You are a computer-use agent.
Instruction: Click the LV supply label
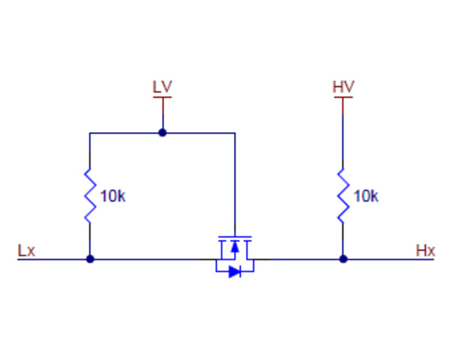click(x=162, y=86)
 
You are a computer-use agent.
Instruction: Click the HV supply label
click(x=343, y=86)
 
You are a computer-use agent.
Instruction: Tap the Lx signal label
click(x=26, y=250)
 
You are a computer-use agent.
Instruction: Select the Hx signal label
click(x=425, y=250)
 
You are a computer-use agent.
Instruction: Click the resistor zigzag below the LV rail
click(x=90, y=196)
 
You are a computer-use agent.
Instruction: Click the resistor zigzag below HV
click(x=343, y=196)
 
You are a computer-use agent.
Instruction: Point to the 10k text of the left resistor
click(x=112, y=196)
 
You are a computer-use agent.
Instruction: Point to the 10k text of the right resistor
click(x=365, y=196)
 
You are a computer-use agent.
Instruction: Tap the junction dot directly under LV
click(x=162, y=133)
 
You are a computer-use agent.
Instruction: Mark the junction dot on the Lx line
click(x=90, y=259)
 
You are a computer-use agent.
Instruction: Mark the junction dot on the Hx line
click(x=343, y=259)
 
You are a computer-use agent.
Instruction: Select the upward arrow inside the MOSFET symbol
click(x=235, y=247)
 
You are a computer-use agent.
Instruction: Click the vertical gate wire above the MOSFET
click(x=235, y=187)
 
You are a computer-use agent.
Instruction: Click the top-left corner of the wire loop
click(x=90, y=133)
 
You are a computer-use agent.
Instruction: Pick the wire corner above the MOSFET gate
click(x=235, y=133)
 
